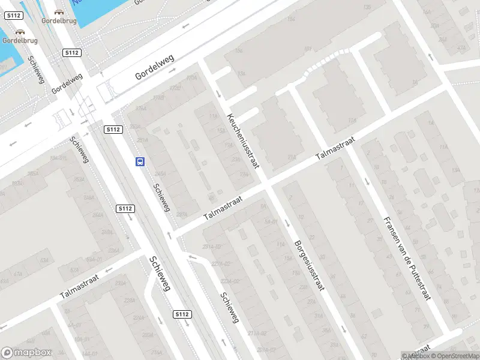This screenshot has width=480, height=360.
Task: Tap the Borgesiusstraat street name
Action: pyautogui.click(x=309, y=266)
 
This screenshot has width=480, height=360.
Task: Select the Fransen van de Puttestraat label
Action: pyautogui.click(x=407, y=258)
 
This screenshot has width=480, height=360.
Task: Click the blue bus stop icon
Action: pyautogui.click(x=140, y=161)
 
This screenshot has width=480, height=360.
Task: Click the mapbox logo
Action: pyautogui.click(x=26, y=353)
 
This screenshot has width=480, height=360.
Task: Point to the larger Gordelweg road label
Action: pyautogui.click(x=154, y=67)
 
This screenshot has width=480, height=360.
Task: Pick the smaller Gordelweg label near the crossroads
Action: pyautogui.click(x=67, y=83)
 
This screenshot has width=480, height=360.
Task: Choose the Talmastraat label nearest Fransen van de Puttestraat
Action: pyautogui.click(x=335, y=148)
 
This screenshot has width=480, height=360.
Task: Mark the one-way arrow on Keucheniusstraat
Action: pyautogui.click(x=218, y=94)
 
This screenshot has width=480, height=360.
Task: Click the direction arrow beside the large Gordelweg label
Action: pyautogui.click(x=172, y=70)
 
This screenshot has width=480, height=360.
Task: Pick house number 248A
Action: pyautogui.click(x=88, y=197)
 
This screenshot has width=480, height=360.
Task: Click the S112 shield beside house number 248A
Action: pyautogui.click(x=125, y=208)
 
